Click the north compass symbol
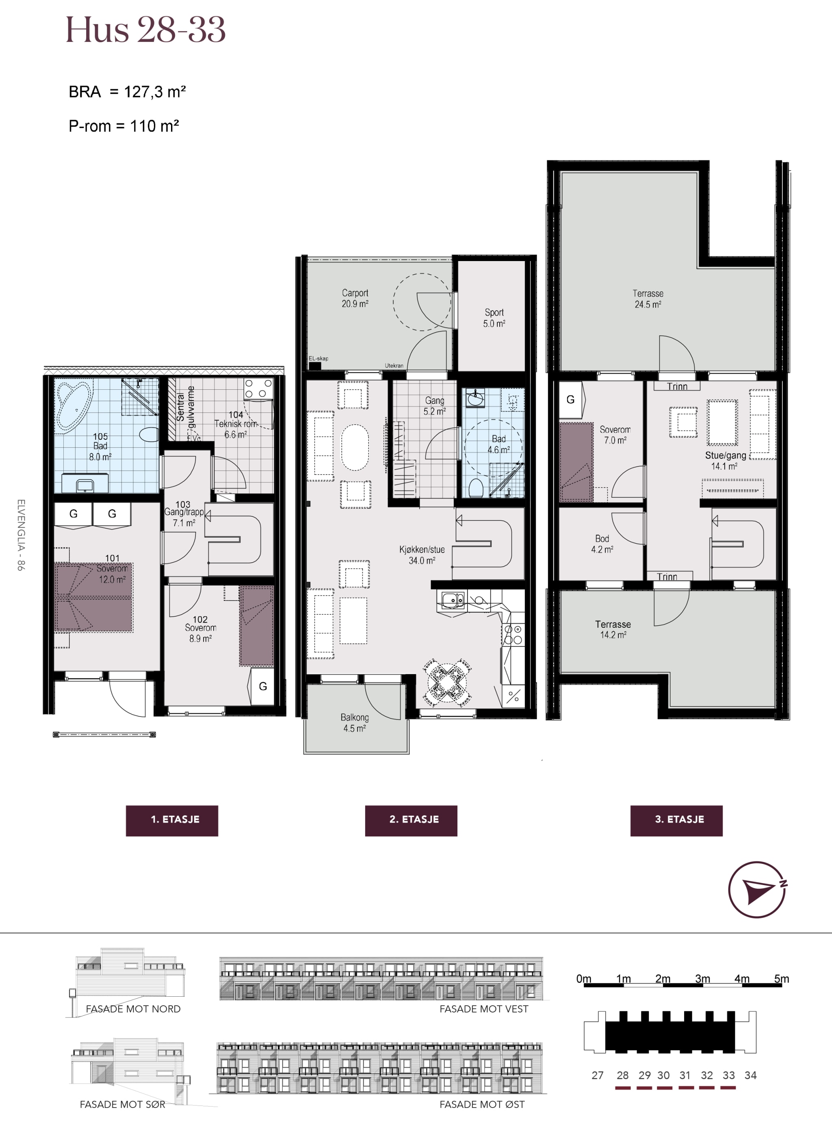click(758, 890)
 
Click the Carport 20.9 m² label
click(355, 298)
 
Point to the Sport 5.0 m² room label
click(494, 317)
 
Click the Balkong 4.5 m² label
click(355, 722)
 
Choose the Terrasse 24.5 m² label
click(648, 298)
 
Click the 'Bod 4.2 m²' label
click(602, 544)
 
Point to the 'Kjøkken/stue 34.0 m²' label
click(422, 555)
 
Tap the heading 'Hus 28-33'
click(145, 30)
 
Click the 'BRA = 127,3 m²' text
click(128, 92)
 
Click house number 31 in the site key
click(685, 1075)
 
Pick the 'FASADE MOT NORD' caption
click(133, 1009)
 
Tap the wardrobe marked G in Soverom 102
click(262, 687)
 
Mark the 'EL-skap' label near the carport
click(318, 358)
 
